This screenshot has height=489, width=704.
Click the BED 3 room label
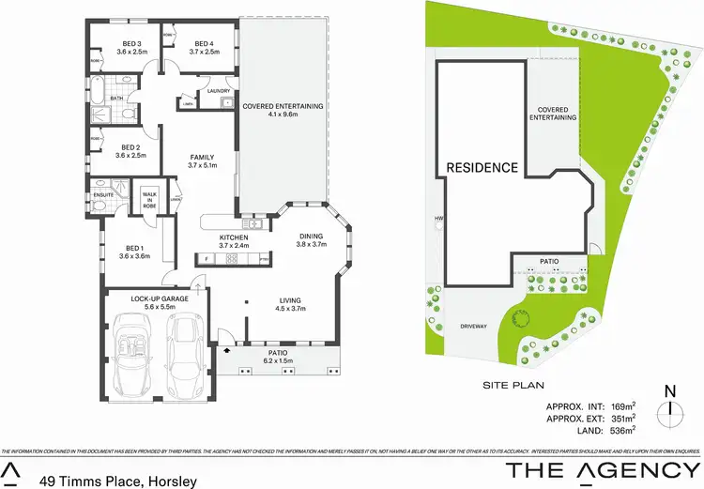(131, 44)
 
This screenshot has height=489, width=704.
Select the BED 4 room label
(204, 44)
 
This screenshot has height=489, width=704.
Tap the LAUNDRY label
(207, 90)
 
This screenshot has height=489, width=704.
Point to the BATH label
(116, 98)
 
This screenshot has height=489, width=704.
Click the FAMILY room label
(202, 157)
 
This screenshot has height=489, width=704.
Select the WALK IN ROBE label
(149, 200)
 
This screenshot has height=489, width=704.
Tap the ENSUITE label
(103, 195)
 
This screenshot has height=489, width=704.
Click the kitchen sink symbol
(253, 223)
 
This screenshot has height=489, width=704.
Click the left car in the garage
(133, 356)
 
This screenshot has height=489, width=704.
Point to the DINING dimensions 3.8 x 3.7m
(310, 244)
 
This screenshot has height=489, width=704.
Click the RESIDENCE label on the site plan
(482, 168)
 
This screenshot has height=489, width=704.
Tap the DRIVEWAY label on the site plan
(474, 326)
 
